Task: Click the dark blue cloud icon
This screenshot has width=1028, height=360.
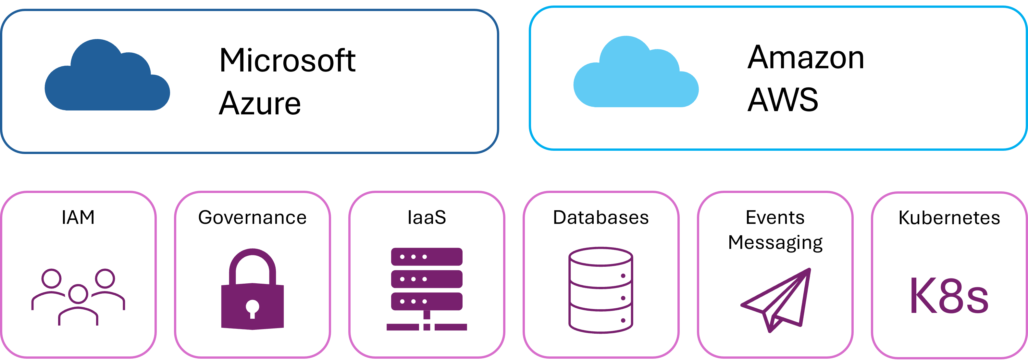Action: pos(107,78)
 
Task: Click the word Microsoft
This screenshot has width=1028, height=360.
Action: pos(287,60)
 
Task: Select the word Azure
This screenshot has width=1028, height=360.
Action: pos(260,104)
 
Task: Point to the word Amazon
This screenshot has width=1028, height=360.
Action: pos(806,58)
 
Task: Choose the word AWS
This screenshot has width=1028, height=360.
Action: pos(783,100)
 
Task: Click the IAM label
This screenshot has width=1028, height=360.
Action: pos(78,218)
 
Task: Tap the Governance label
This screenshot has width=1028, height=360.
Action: pos(252,218)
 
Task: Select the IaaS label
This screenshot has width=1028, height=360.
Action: pos(427,218)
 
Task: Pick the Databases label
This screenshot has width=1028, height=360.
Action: pos(601,218)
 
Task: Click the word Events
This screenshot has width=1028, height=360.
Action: pos(775,218)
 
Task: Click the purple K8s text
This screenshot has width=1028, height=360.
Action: pos(949,296)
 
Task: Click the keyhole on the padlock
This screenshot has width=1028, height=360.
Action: pos(252,308)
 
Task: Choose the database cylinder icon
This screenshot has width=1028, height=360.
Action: pos(601,290)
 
